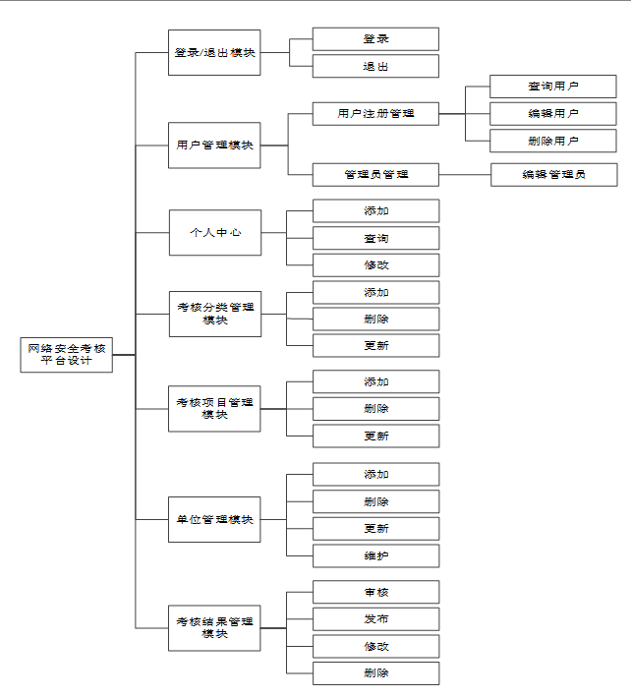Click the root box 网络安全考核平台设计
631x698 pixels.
tap(67, 355)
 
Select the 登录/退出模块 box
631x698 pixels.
tap(214, 52)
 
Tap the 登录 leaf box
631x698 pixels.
tap(375, 38)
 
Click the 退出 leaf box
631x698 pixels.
tap(375, 66)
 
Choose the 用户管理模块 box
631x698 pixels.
tap(214, 145)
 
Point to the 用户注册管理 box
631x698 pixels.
tap(375, 114)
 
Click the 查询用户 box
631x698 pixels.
tap(553, 87)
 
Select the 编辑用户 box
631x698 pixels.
tap(553, 114)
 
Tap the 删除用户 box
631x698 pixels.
tap(553, 142)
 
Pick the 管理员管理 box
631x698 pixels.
tap(375, 175)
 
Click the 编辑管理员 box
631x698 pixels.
tap(553, 175)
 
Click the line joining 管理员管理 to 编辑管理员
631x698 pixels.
tap(465, 175)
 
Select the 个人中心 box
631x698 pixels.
tap(214, 233)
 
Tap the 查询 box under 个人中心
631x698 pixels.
tap(375, 238)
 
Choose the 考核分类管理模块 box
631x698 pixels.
tap(214, 314)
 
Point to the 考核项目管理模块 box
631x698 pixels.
tap(214, 408)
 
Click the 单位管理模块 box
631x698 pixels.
tap(214, 519)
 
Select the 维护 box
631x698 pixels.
tap(375, 555)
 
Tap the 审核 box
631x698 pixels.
tap(375, 592)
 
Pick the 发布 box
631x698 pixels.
tap(375, 619)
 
